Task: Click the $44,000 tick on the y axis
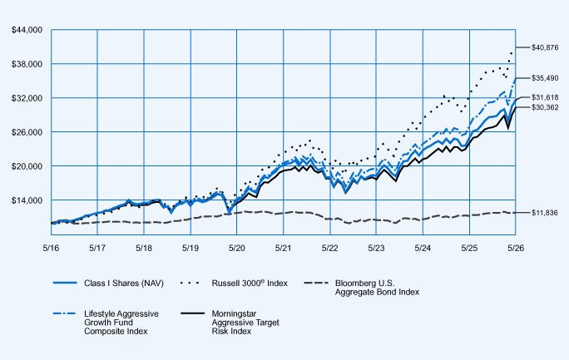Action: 27,30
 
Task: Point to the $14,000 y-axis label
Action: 27,200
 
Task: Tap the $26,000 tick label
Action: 27,132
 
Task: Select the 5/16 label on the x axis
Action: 52,248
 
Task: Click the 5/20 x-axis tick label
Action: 236,248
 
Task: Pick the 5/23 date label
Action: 376,248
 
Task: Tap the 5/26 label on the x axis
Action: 516,248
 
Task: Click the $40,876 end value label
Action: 545,47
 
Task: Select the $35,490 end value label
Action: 545,78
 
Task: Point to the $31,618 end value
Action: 545,97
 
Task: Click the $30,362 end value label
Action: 545,107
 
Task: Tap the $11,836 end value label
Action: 544,213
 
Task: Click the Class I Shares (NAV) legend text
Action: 124,284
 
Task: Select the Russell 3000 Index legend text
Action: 250,284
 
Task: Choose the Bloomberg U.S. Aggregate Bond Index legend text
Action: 377,288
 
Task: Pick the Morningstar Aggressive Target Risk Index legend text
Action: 245,323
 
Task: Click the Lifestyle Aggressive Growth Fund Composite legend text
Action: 121,323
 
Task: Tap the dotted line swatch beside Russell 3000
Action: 190,283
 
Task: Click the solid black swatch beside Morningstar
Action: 192,313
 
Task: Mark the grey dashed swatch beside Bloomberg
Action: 316,283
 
